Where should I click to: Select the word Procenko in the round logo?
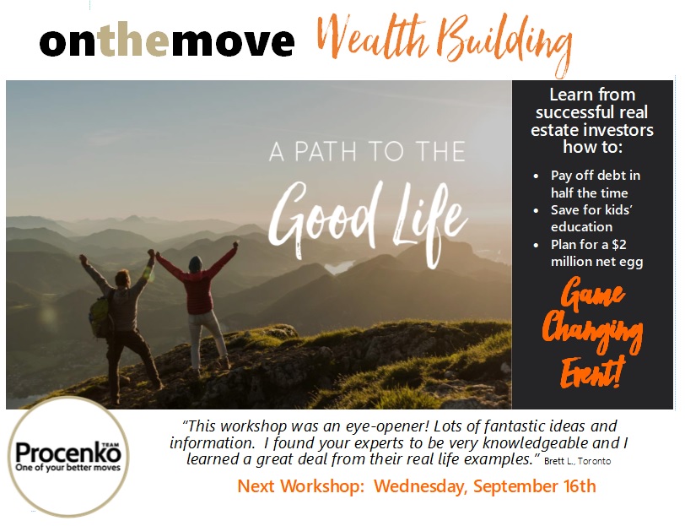[67, 453]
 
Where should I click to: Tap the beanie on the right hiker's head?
[195, 263]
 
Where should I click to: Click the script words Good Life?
[367, 221]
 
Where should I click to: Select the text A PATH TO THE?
[368, 152]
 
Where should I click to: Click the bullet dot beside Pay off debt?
[536, 176]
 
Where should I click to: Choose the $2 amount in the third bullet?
[619, 244]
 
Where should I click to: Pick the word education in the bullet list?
[581, 227]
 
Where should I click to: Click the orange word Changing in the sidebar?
[592, 332]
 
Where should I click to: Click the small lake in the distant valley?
[339, 266]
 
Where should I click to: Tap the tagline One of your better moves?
[67, 468]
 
